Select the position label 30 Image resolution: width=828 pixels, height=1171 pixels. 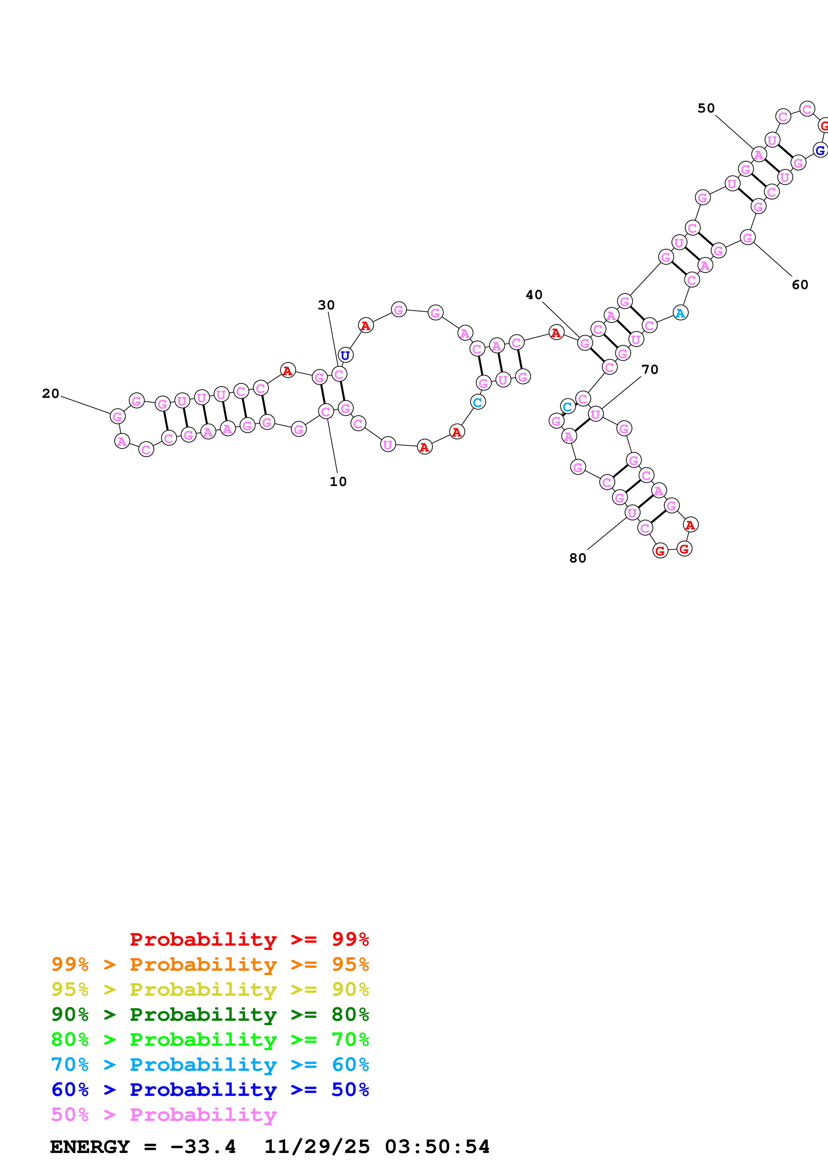point(326,305)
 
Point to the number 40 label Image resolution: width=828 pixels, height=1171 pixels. point(534,295)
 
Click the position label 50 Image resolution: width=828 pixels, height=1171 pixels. point(706,108)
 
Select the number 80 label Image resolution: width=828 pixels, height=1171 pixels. point(577,558)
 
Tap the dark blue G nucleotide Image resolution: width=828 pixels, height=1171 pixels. point(820,151)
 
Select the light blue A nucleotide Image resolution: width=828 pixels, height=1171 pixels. point(680,313)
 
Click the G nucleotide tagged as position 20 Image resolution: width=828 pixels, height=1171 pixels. point(118,416)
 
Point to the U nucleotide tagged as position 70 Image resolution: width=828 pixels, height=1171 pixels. point(595,414)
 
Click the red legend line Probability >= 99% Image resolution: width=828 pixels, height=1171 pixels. point(249,939)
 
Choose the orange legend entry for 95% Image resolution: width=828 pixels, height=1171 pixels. point(210,964)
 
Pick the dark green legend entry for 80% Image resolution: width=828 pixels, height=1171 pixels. point(210,1014)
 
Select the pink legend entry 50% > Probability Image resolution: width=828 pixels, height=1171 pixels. point(164,1114)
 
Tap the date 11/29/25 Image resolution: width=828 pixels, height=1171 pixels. point(317,1147)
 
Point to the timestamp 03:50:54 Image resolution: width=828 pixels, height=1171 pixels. point(437,1147)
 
